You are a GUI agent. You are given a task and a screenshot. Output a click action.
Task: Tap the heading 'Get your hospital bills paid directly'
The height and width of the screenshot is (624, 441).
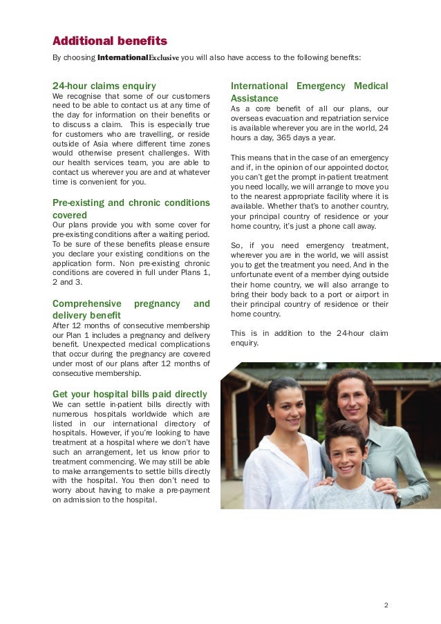[129, 393]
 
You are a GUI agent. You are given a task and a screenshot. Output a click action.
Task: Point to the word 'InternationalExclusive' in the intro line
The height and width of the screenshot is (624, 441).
[139, 57]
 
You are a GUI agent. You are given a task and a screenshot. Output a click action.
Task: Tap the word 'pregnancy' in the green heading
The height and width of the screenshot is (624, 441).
[157, 303]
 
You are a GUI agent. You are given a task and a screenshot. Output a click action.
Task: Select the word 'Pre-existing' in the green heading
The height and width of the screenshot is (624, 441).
[78, 202]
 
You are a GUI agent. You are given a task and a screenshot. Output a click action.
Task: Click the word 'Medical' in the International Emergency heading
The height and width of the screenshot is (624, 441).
[370, 86]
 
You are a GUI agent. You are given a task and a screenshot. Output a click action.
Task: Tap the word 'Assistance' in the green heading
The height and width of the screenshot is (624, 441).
[254, 98]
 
